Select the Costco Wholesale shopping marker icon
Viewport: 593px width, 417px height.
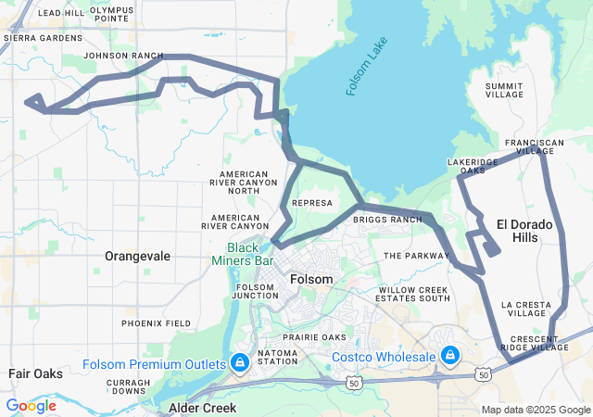[x=450, y=356]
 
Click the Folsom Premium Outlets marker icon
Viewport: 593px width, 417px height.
[x=240, y=360]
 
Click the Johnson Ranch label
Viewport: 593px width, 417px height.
[x=122, y=56]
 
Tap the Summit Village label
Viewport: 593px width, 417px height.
[x=505, y=90]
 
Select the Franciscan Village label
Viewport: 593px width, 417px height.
[x=535, y=146]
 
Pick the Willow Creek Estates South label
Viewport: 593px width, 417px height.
[x=414, y=295]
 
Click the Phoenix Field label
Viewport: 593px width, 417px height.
[x=156, y=323]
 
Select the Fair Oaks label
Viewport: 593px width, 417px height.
[x=35, y=373]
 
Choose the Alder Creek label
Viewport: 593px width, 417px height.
[x=202, y=408]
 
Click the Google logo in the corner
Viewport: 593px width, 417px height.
[x=31, y=406]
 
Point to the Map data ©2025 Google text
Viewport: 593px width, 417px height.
[x=535, y=410]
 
